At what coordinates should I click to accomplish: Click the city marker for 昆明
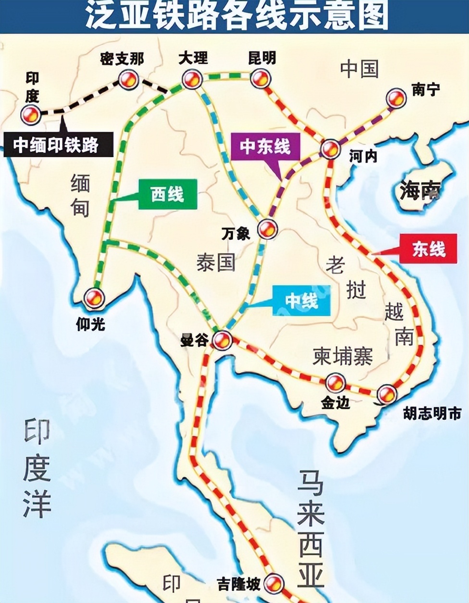[260, 77]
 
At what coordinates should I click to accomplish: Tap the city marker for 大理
[192, 79]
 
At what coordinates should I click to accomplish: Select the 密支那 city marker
[129, 79]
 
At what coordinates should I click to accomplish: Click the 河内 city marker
[331, 150]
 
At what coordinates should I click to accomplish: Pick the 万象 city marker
[267, 228]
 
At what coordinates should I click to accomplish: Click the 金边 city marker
[335, 383]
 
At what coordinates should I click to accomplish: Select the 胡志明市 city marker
[387, 394]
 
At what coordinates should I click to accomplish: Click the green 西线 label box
[167, 194]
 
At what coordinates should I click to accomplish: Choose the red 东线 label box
[428, 249]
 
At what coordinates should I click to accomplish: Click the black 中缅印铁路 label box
[58, 145]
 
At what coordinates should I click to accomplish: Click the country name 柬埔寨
[343, 356]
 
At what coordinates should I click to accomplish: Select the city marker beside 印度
[30, 114]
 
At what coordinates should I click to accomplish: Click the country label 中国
[359, 69]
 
